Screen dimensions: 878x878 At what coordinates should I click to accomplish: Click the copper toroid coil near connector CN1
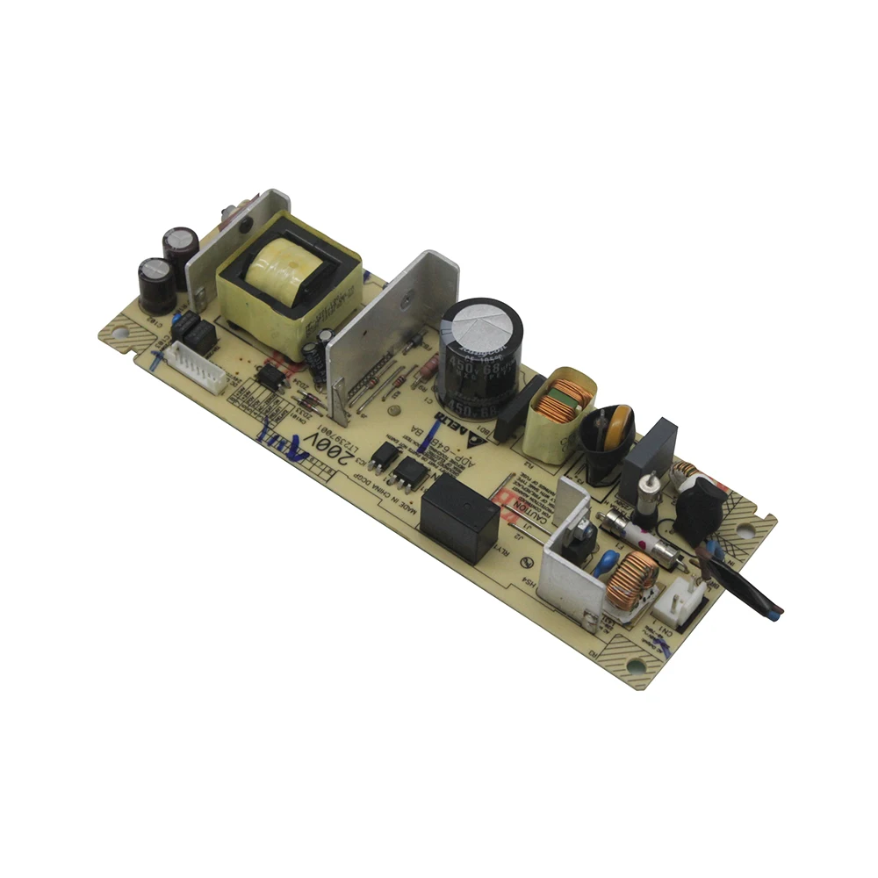(632, 580)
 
